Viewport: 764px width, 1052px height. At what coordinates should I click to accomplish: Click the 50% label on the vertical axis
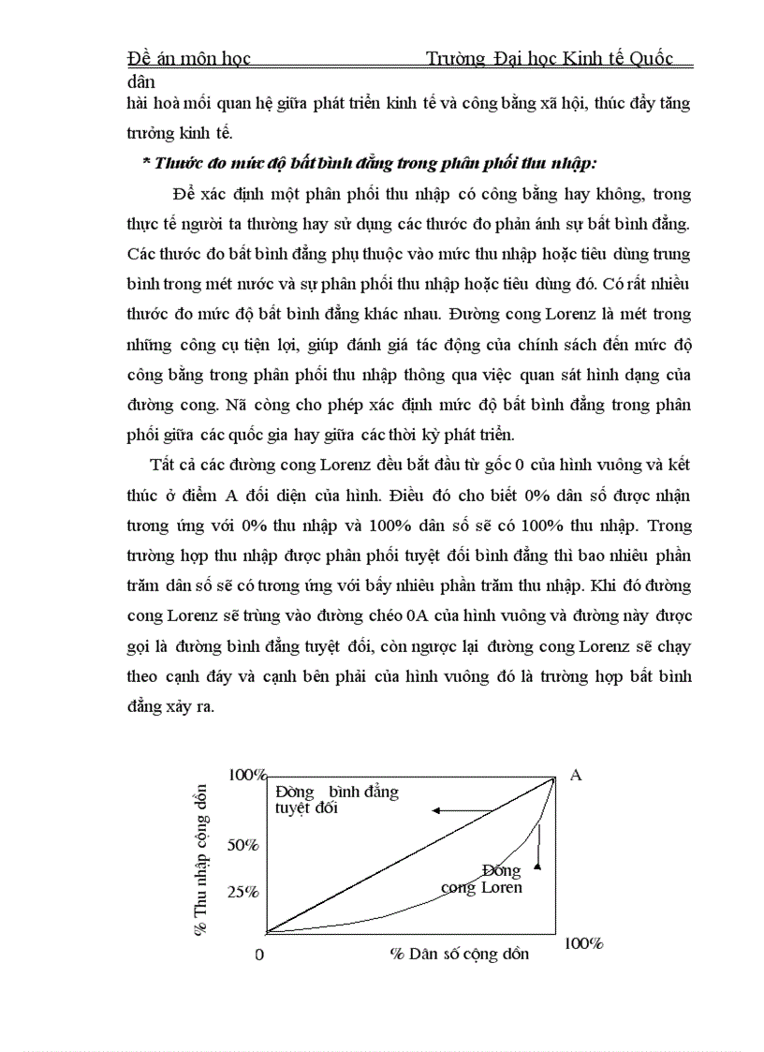pos(243,845)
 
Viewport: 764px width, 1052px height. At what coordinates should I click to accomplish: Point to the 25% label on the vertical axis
pos(243,892)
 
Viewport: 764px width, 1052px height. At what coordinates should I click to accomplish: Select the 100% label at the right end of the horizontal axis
pos(583,943)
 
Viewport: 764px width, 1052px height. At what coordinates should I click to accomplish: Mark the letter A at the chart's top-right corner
pos(576,775)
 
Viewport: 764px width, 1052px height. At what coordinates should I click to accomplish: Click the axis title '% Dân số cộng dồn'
pos(460,954)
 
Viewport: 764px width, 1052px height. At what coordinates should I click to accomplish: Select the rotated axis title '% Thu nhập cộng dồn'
pos(200,862)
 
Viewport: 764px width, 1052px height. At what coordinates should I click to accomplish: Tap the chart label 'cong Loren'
pos(481,887)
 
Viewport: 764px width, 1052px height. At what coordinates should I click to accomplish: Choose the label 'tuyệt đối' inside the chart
pos(306,808)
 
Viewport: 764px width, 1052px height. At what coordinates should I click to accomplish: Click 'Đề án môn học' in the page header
pos(188,59)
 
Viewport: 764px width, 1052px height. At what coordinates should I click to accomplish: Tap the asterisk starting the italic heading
pos(146,163)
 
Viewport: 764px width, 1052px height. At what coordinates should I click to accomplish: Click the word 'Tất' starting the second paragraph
pos(162,465)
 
